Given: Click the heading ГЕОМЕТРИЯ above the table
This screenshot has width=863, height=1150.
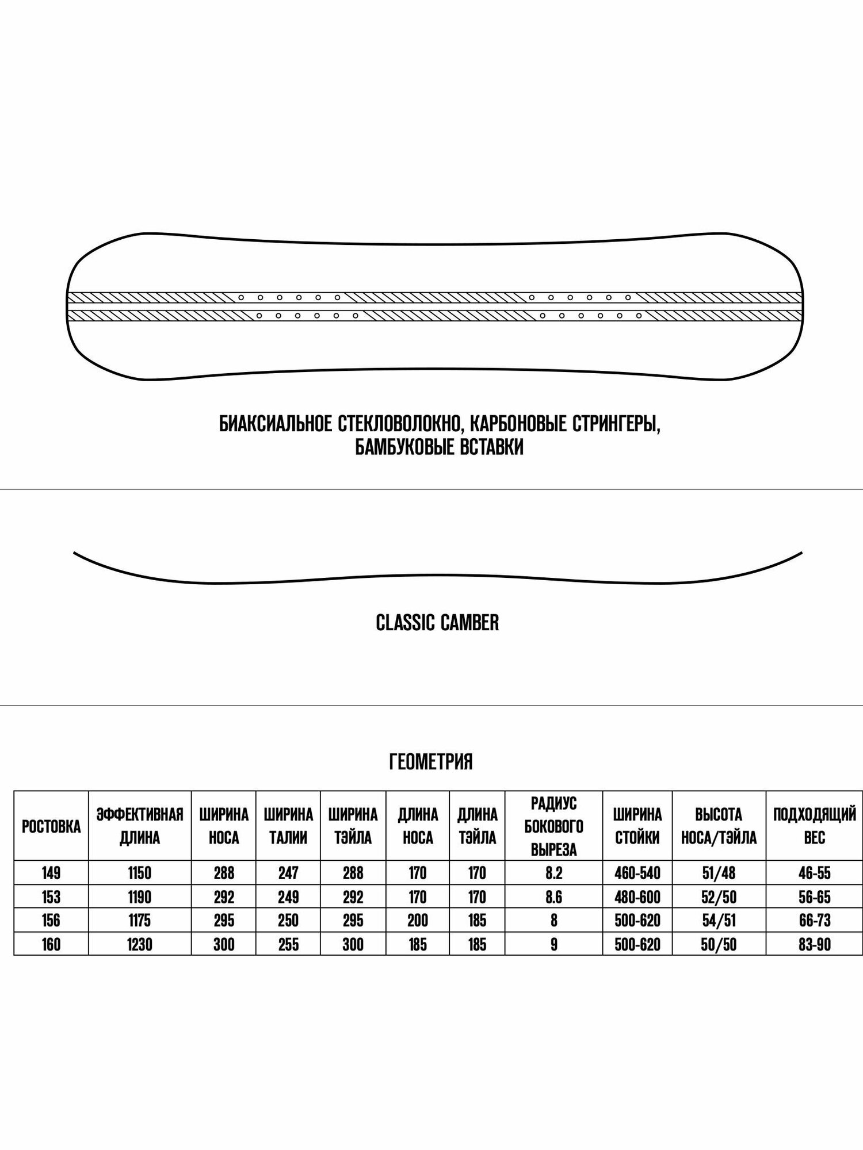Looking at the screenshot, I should coord(431,762).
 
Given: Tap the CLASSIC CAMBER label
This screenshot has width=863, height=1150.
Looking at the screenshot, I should coord(437,623).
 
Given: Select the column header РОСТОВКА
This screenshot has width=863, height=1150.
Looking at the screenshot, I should coord(51,826).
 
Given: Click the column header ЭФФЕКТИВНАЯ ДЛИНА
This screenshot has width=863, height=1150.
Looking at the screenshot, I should coord(140,826).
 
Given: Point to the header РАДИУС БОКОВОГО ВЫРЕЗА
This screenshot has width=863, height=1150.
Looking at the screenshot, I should coord(553,826).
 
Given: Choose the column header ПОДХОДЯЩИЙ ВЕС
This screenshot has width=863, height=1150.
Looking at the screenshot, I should coord(814,826).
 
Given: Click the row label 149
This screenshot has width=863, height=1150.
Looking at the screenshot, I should coord(51,873).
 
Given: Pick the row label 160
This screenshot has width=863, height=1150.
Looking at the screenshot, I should coord(51,944).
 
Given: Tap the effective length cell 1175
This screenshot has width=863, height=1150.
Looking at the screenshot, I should coord(140,921).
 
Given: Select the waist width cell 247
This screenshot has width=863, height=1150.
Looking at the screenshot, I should coord(288,873).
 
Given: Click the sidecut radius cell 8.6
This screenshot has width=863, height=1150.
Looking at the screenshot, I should coord(553,897).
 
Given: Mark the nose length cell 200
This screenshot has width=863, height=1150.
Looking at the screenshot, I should coord(418,921).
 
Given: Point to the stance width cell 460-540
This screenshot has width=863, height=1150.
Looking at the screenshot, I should coord(637,873).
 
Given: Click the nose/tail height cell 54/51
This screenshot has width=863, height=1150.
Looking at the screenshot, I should coord(719,921).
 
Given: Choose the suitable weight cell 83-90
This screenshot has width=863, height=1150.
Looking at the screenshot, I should coord(814,944).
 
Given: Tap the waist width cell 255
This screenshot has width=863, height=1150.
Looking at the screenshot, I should coord(288,944).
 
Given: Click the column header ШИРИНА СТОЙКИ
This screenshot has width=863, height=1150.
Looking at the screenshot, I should coord(637,826).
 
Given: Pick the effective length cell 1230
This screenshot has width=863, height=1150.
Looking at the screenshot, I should coord(140,944).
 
